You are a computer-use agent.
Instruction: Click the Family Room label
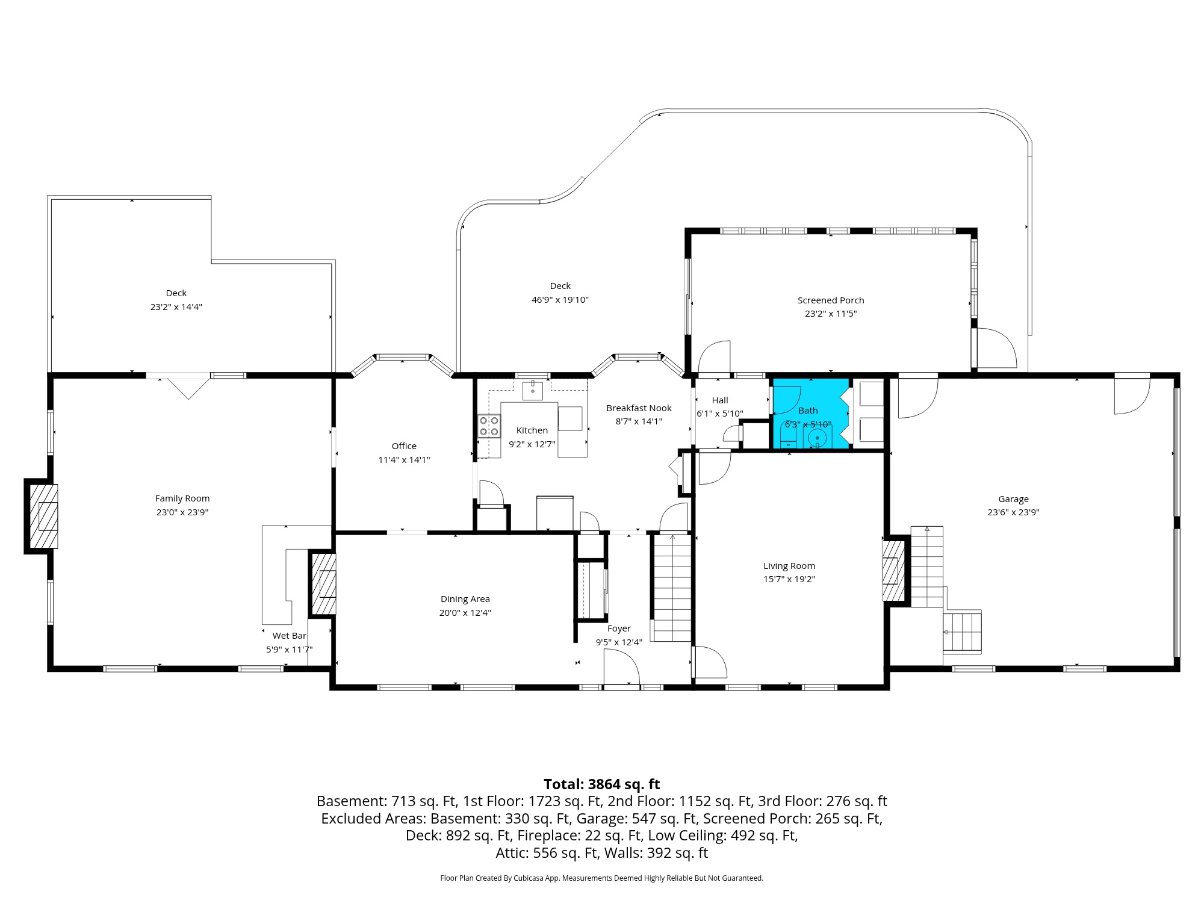(x=182, y=498)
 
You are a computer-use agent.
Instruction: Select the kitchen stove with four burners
(x=489, y=426)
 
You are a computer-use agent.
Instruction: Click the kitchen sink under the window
(x=532, y=390)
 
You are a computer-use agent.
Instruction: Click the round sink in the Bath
(x=818, y=438)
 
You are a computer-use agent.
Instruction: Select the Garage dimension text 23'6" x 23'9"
(x=1013, y=512)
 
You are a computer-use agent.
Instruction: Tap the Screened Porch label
(x=831, y=300)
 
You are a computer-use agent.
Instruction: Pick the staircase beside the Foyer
(x=672, y=587)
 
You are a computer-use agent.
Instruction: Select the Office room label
(x=404, y=446)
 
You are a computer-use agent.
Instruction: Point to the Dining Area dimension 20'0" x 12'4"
(x=465, y=613)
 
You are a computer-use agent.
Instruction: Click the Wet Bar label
(x=289, y=636)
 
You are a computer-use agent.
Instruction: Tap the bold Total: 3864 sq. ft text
(x=601, y=784)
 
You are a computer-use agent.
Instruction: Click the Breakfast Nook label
(x=639, y=408)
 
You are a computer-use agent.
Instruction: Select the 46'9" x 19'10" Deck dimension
(x=560, y=300)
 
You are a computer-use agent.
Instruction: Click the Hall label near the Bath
(x=720, y=400)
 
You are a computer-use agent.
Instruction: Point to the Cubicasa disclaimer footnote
(x=601, y=878)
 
